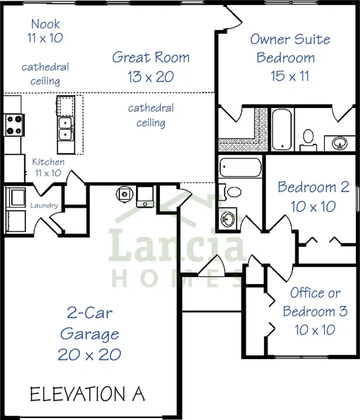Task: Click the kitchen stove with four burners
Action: click(x=13, y=125)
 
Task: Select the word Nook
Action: click(x=46, y=24)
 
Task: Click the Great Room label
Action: click(x=151, y=57)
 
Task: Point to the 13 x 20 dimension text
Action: click(x=151, y=76)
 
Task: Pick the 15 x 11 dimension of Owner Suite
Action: click(x=290, y=76)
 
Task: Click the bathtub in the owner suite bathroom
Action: click(x=281, y=130)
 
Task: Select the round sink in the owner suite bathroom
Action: click(x=340, y=143)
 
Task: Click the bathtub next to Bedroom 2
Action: click(x=241, y=167)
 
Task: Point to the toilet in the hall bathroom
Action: click(x=231, y=192)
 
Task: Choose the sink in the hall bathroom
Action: click(x=227, y=219)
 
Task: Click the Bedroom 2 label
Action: click(x=314, y=187)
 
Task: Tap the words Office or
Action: click(x=315, y=292)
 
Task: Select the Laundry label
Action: click(x=44, y=205)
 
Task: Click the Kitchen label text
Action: click(x=48, y=162)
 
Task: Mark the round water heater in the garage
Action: click(x=124, y=194)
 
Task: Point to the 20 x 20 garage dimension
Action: click(x=90, y=355)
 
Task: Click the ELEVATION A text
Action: click(x=88, y=394)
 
